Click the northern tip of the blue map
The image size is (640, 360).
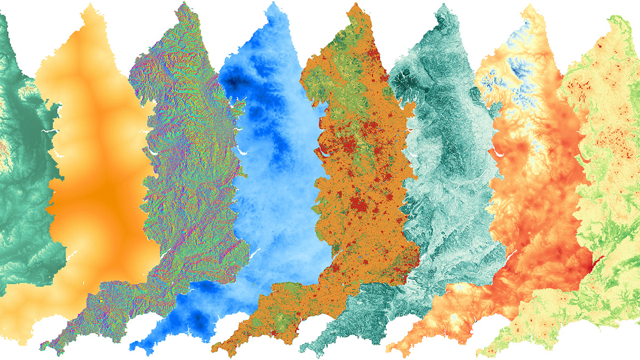point(271,3)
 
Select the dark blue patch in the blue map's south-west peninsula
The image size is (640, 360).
point(198,319)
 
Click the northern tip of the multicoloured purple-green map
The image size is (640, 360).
point(184,3)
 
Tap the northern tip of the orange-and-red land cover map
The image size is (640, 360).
point(354,4)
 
